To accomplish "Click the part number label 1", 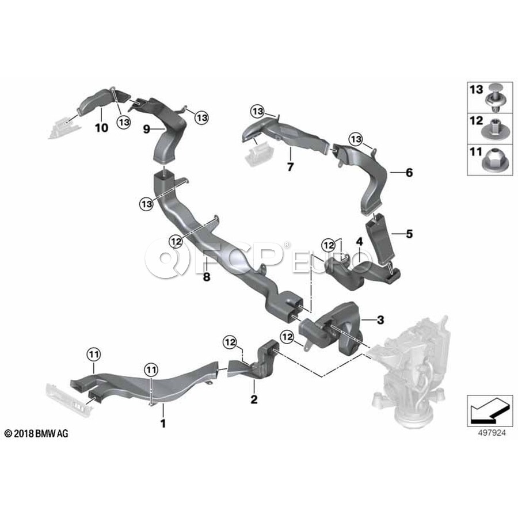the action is point(163,423).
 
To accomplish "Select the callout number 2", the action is point(254,399).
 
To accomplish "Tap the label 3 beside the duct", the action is point(380,320).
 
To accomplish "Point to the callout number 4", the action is point(359,242).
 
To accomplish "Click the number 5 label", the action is point(409,234).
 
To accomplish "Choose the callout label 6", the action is point(409,172).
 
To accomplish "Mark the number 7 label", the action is point(290,167).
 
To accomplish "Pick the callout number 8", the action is point(207,276).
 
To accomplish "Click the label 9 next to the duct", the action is point(146,129).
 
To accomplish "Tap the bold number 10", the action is point(101,128).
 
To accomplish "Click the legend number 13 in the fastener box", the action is point(477,89).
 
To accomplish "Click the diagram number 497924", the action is point(492,433).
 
